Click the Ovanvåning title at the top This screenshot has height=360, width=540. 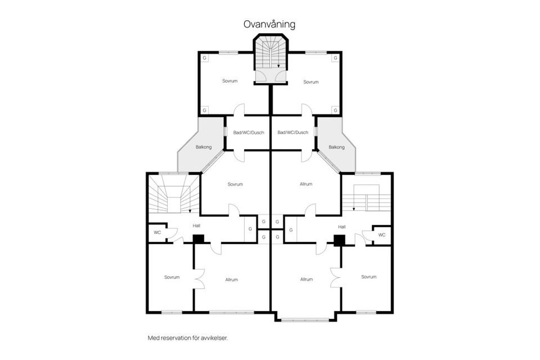[x=269, y=24]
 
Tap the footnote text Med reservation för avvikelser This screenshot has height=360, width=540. [x=187, y=338]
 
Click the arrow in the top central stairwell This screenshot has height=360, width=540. [x=278, y=66]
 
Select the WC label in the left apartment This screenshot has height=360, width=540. [x=157, y=233]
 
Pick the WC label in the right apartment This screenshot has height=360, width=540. [x=382, y=235]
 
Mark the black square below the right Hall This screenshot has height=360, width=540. [x=339, y=240]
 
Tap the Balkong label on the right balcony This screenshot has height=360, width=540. [x=336, y=147]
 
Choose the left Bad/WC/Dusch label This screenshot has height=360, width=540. [x=248, y=133]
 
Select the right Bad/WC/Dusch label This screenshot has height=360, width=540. [x=293, y=133]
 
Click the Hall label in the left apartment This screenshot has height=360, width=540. [x=196, y=226]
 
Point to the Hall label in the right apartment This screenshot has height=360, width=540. [x=341, y=226]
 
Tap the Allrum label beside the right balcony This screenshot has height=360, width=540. [x=306, y=184]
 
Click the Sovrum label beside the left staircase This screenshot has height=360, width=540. [x=235, y=184]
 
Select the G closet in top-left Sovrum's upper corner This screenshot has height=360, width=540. [x=205, y=58]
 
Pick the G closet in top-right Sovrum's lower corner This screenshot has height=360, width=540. [x=335, y=109]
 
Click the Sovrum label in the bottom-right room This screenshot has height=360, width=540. [x=368, y=277]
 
